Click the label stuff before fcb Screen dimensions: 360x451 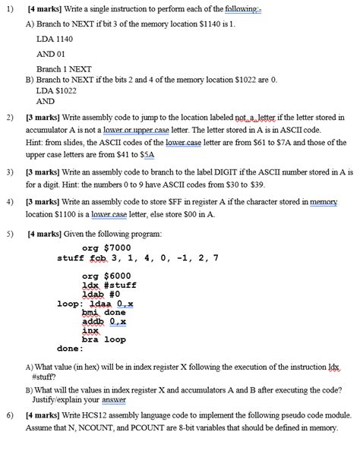coord(69,257)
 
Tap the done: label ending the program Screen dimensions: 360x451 coord(70,349)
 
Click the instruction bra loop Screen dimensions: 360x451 coord(103,339)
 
